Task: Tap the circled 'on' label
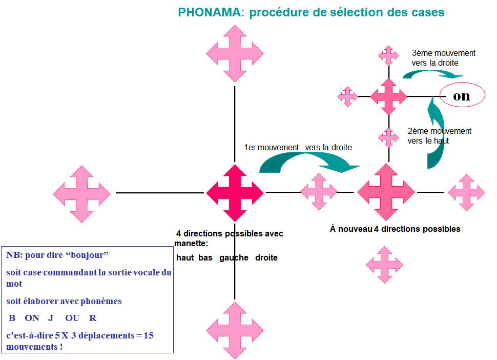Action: pyautogui.click(x=462, y=95)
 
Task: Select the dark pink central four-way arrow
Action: pyautogui.click(x=235, y=193)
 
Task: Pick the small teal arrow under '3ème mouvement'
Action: pyautogui.click(x=433, y=73)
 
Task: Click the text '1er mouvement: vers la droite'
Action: pyautogui.click(x=298, y=148)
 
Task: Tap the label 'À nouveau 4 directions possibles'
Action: pyautogui.click(x=395, y=229)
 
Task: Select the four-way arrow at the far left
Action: pyautogui.click(x=82, y=194)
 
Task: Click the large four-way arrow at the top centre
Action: pyautogui.click(x=235, y=54)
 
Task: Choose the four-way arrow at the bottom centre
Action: pyautogui.click(x=235, y=330)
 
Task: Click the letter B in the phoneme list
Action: pyautogui.click(x=12, y=318)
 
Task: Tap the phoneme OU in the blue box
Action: pyautogui.click(x=72, y=318)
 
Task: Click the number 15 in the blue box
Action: pyautogui.click(x=149, y=335)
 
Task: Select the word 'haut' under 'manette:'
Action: pyautogui.click(x=185, y=257)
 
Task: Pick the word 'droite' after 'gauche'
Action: pyautogui.click(x=266, y=257)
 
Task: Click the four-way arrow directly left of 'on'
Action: pyautogui.click(x=388, y=96)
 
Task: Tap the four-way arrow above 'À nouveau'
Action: pyautogui.click(x=386, y=192)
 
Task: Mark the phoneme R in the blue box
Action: pyautogui.click(x=93, y=318)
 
